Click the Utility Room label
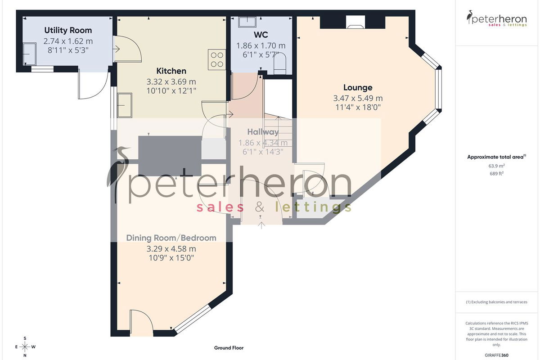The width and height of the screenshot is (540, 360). (x=68, y=31)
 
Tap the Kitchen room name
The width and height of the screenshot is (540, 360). (x=171, y=71)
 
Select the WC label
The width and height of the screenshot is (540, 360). (x=261, y=35)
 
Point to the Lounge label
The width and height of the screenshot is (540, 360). (x=358, y=88)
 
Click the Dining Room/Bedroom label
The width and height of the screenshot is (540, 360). (x=171, y=238)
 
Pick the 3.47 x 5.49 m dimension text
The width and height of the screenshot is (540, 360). (x=358, y=98)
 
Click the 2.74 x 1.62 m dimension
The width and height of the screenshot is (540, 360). (x=68, y=41)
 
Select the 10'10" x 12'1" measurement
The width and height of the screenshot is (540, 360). (x=171, y=91)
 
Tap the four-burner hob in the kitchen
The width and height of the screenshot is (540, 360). (x=217, y=60)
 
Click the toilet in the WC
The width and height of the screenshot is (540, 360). (x=279, y=63)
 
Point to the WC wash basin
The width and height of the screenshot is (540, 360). (x=247, y=22)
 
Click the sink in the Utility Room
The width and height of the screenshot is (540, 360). (x=30, y=54)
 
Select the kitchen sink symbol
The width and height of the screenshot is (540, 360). (x=125, y=105)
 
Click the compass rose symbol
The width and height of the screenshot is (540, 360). (x=25, y=347)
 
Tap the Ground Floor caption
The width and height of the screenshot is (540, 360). (x=229, y=348)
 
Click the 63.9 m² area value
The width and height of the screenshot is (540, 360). (x=497, y=166)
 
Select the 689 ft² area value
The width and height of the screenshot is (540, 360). (x=497, y=173)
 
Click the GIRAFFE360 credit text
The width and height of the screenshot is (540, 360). (x=497, y=355)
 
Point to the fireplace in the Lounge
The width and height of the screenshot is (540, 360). (x=355, y=22)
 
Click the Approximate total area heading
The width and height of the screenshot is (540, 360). (x=497, y=157)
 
